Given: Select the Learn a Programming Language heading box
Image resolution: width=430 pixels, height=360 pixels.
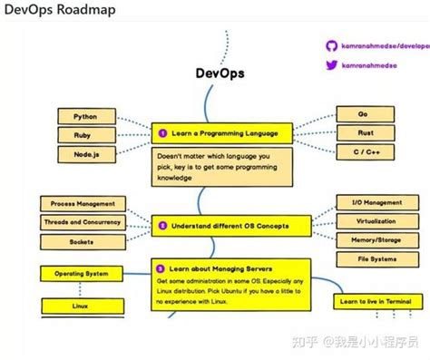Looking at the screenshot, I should click(221, 133).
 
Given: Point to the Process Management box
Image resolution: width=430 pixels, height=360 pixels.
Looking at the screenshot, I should click(83, 204).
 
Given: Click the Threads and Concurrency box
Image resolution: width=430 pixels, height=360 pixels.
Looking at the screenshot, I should click(83, 222).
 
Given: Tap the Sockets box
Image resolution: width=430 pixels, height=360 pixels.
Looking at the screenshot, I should click(83, 242).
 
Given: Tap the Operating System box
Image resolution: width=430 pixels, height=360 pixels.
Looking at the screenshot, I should click(83, 273).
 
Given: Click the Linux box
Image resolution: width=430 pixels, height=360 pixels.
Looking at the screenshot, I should click(83, 306).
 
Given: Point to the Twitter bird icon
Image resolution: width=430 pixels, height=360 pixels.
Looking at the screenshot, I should click(332, 65).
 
